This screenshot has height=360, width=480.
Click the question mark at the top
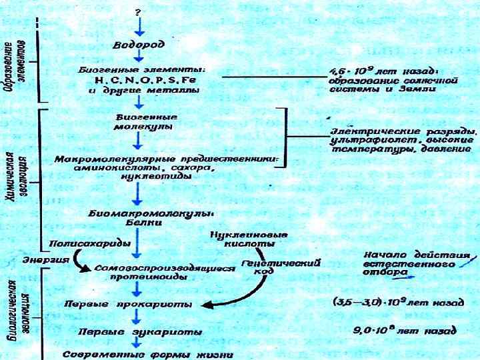[138, 12]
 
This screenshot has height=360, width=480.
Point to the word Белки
[139, 224]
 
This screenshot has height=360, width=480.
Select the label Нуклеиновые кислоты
[247, 239]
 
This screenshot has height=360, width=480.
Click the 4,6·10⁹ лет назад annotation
[384, 70]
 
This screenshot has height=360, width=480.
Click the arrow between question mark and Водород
[138, 27]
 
